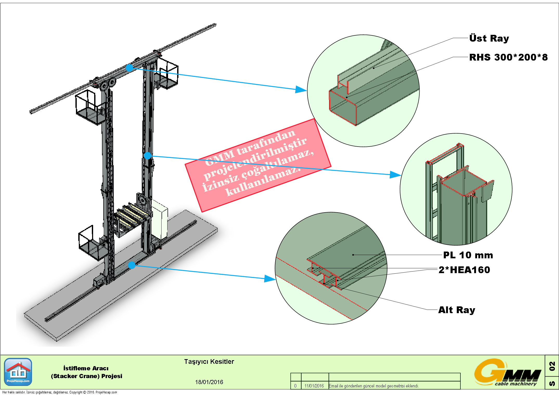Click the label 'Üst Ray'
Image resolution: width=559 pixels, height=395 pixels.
pyautogui.click(x=489, y=38)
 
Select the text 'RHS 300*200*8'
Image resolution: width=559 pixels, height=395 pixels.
pyautogui.click(x=508, y=57)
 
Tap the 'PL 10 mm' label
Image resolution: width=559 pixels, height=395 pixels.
pyautogui.click(x=468, y=255)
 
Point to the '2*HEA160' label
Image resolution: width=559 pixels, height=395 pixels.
pyautogui.click(x=464, y=270)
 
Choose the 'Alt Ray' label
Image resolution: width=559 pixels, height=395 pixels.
pyautogui.click(x=457, y=310)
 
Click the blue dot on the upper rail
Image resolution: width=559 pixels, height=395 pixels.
pyautogui.click(x=129, y=68)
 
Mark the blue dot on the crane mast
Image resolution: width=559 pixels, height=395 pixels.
pyautogui.click(x=147, y=156)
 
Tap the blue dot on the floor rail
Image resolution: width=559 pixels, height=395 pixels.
pyautogui.click(x=132, y=265)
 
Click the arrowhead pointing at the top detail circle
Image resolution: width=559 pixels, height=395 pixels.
pyautogui.click(x=302, y=90)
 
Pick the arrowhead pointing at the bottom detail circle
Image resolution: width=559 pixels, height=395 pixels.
pyautogui.click(x=271, y=279)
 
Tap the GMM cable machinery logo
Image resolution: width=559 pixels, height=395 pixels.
pyautogui.click(x=507, y=373)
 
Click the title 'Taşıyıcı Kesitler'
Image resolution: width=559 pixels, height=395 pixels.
pyautogui.click(x=209, y=361)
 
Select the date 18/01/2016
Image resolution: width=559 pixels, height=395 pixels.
pyautogui.click(x=209, y=382)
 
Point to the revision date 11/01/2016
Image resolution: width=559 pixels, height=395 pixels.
pyautogui.click(x=314, y=386)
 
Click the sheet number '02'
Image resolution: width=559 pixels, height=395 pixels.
pyautogui.click(x=552, y=366)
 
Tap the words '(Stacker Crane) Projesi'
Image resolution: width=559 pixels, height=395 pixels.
pyautogui.click(x=86, y=376)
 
